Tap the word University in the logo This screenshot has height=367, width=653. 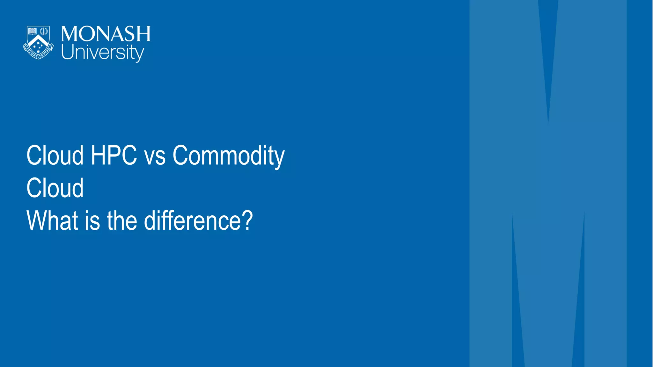[x=102, y=52]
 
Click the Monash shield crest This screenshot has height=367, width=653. [x=38, y=42]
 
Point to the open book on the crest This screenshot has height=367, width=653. [x=33, y=31]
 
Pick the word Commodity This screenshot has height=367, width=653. [x=228, y=156]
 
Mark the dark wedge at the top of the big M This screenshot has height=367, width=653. [x=548, y=48]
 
